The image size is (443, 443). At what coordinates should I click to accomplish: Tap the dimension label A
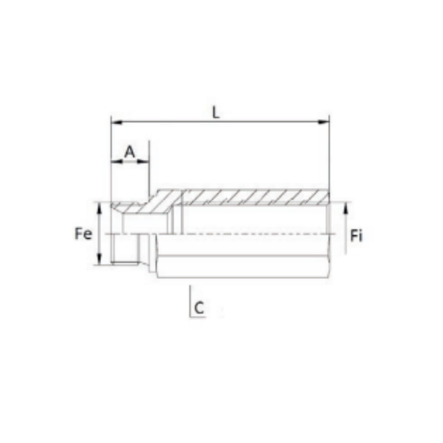point(130,152)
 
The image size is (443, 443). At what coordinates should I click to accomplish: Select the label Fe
point(83,234)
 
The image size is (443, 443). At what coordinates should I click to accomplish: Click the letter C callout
point(199,308)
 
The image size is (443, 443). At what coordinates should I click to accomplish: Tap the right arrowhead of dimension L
point(324,122)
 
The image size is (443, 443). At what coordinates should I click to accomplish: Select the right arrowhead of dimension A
point(143,161)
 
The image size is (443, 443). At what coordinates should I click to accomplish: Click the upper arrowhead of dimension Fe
point(99,207)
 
